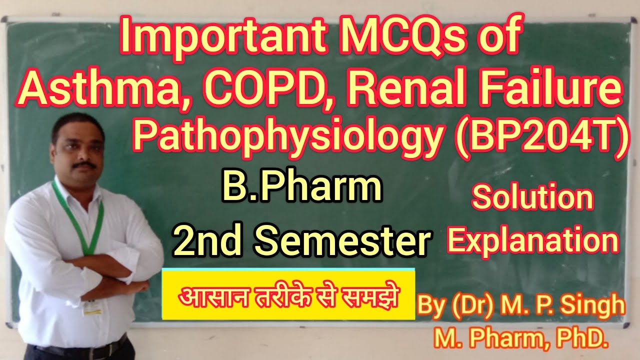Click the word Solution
click(x=532, y=198)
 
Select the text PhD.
click(x=582, y=340)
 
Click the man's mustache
click(x=84, y=164)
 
